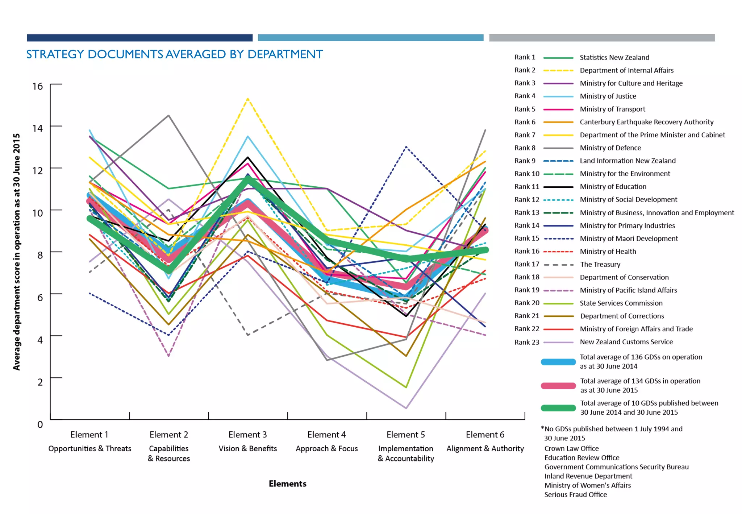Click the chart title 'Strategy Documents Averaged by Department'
(174, 54)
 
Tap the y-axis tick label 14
(37, 128)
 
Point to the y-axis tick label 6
(40, 298)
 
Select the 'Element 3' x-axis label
(247, 434)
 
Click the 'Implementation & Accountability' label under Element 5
(405, 453)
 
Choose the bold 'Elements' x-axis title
(287, 484)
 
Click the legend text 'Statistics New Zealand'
(614, 57)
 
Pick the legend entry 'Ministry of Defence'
(610, 148)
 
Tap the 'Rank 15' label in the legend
(526, 238)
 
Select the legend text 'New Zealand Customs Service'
(626, 342)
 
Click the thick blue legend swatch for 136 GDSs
(558, 362)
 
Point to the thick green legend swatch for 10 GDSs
(558, 408)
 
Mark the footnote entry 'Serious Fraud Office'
(575, 494)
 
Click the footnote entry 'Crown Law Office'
(571, 448)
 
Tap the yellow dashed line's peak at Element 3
(247, 98)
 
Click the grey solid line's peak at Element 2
(168, 116)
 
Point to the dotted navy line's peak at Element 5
(406, 147)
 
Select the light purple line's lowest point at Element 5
(406, 408)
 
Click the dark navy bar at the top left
(139, 38)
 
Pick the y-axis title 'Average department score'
(16, 252)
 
